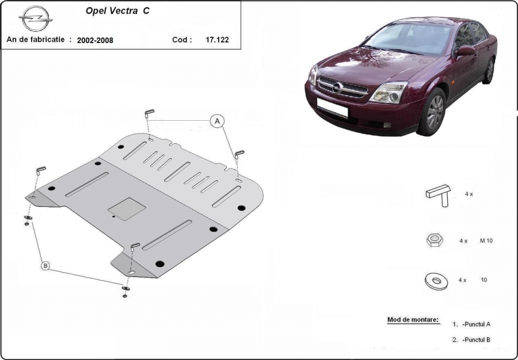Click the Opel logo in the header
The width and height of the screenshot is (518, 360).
(36, 18)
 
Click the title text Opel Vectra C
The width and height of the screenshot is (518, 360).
(117, 10)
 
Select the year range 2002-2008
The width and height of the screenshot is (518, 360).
(95, 40)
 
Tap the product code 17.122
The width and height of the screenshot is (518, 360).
(217, 40)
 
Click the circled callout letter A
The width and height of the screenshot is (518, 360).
(217, 121)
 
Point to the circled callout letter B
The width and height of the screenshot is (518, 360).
(45, 265)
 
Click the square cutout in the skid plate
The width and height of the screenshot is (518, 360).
(127, 209)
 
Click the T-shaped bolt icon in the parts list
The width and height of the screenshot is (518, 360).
(439, 195)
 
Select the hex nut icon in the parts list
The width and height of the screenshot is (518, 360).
(435, 240)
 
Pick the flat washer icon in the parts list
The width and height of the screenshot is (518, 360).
(436, 281)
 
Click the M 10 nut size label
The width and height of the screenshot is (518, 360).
(486, 240)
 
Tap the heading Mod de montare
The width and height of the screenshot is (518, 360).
(413, 319)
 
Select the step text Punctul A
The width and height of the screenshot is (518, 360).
(477, 324)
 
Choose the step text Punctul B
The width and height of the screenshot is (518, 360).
(477, 339)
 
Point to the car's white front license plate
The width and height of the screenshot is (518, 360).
(332, 107)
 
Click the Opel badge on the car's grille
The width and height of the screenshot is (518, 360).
(337, 87)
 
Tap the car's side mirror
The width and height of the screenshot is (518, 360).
(466, 51)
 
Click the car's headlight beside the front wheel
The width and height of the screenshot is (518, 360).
(389, 93)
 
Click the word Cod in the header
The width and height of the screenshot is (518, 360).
(182, 40)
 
